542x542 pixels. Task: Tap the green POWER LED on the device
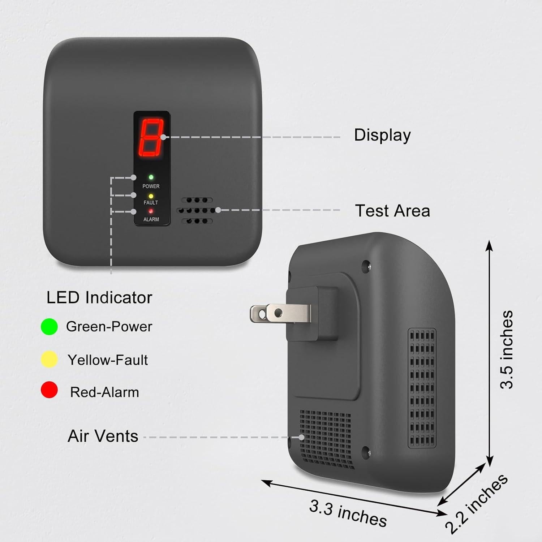(x=151, y=177)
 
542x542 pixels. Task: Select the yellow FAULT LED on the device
(x=151, y=196)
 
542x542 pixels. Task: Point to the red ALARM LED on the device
(x=151, y=211)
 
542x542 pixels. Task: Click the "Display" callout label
(x=382, y=135)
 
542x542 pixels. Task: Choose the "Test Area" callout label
(x=392, y=211)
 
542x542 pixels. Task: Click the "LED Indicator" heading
(x=99, y=297)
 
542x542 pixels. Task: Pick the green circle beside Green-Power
(x=49, y=327)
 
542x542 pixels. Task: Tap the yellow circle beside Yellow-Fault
(x=49, y=360)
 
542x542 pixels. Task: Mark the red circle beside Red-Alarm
(x=49, y=390)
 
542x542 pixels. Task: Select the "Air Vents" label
(x=103, y=436)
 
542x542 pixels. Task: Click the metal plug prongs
(x=280, y=313)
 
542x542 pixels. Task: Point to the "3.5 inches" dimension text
(x=507, y=349)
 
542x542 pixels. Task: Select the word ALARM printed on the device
(x=151, y=219)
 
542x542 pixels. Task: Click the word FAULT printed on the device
(x=151, y=203)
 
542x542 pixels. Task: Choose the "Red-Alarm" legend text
(x=104, y=392)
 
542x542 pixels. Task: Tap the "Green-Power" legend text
(x=109, y=327)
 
